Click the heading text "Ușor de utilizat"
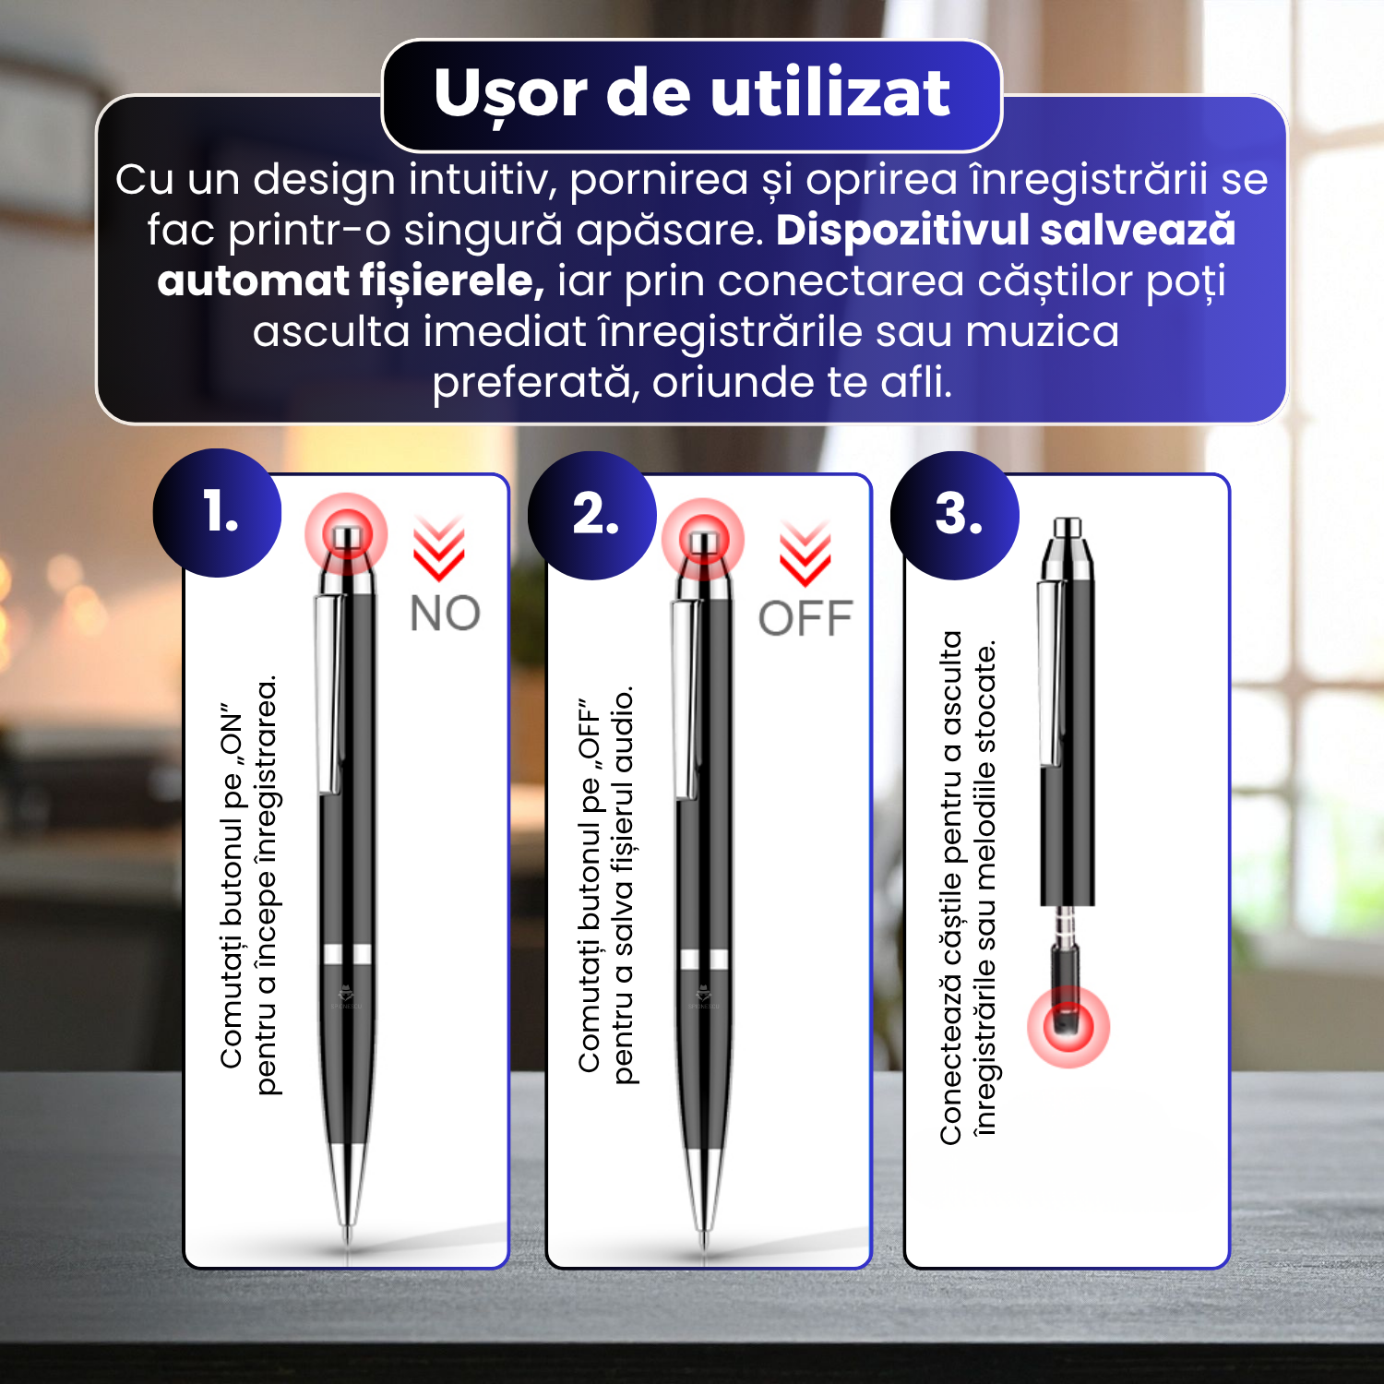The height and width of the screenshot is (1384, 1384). [x=692, y=94]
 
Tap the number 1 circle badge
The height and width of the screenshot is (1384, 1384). [x=218, y=513]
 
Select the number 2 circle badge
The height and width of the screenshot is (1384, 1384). [x=592, y=515]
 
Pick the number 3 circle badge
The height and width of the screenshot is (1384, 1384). [x=955, y=515]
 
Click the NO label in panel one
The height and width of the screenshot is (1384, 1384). [x=445, y=614]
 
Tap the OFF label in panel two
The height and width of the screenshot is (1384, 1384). [x=805, y=618]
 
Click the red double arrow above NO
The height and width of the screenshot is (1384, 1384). [x=438, y=549]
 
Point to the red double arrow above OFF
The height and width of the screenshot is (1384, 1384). [x=805, y=555]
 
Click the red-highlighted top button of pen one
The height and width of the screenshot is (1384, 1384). [x=346, y=534]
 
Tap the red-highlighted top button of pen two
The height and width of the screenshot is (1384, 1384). [x=703, y=540]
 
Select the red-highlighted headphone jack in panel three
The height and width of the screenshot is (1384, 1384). [x=1068, y=1026]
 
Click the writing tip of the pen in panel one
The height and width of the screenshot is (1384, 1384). [x=348, y=1233]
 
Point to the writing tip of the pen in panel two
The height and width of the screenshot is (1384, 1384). [x=704, y=1236]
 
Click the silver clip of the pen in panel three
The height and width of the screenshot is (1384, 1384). [x=1049, y=674]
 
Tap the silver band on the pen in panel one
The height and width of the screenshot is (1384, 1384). [x=348, y=954]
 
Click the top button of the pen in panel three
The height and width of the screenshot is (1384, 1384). [x=1068, y=528]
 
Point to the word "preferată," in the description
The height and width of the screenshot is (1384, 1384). [x=536, y=383]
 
